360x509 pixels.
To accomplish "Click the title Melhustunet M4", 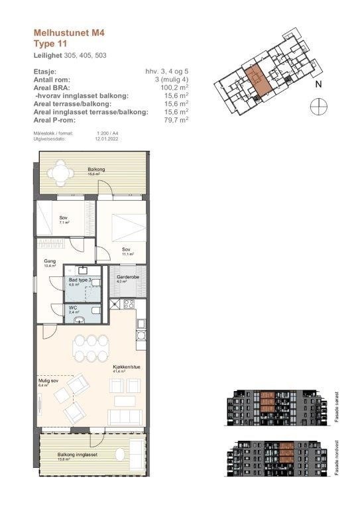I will pyautogui.click(x=69, y=31).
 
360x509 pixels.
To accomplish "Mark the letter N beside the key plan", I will pyautogui.click(x=318, y=84).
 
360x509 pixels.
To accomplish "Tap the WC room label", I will pyautogui.click(x=74, y=308).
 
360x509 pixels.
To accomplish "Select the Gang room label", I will pyautogui.click(x=50, y=263).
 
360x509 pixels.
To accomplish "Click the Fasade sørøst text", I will pyautogui.click(x=338, y=402).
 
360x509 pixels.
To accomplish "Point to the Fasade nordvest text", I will pyautogui.click(x=338, y=455).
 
